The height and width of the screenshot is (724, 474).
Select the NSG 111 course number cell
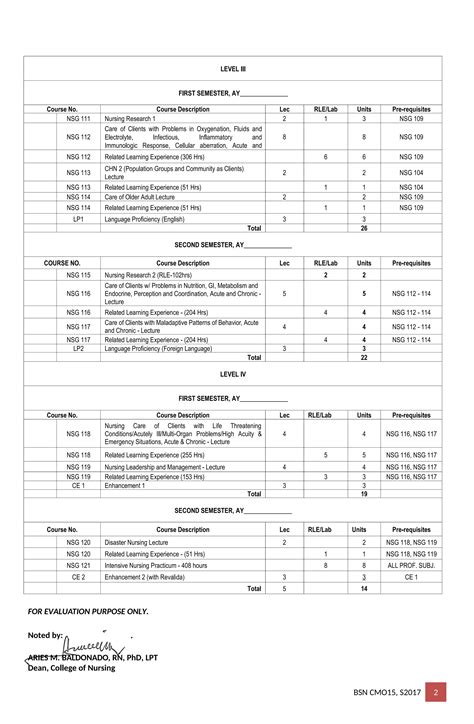click(78, 118)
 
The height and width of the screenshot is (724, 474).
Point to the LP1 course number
click(78, 218)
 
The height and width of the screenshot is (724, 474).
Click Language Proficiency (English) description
click(145, 218)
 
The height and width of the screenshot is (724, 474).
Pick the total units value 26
click(364, 228)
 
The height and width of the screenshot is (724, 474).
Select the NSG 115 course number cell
click(78, 274)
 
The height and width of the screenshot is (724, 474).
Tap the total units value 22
click(364, 357)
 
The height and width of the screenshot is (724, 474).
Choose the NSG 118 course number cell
click(78, 434)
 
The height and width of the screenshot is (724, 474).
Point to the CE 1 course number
click(78, 485)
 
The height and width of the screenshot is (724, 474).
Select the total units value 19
click(364, 494)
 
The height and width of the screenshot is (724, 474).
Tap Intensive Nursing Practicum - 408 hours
click(166, 565)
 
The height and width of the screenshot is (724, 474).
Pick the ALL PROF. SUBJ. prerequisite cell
click(412, 565)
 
